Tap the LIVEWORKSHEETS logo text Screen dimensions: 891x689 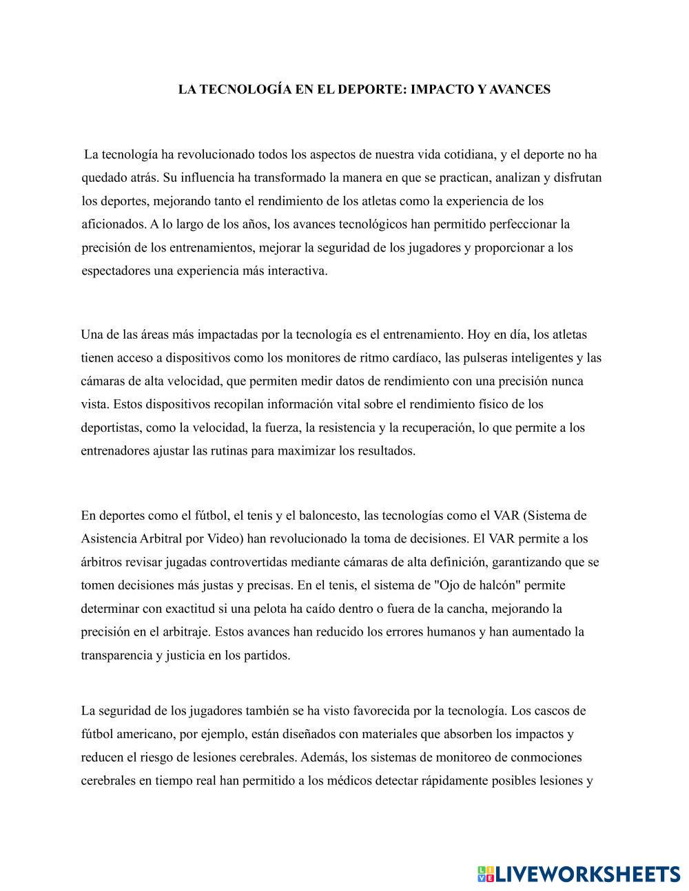coord(587,874)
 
